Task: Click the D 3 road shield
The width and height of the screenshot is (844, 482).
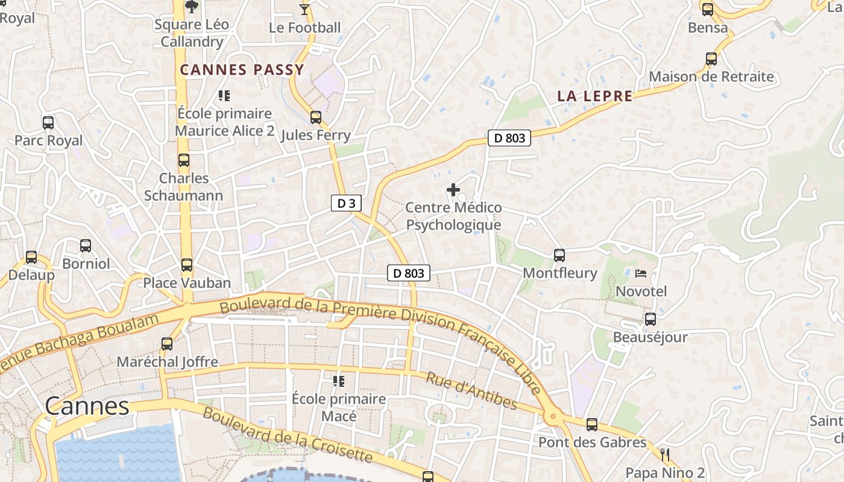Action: coord(346,203)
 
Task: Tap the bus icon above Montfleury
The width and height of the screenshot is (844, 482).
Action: coord(559,255)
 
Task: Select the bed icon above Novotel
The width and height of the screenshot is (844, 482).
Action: coord(641,274)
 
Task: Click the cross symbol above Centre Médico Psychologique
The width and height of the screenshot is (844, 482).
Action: coord(453,190)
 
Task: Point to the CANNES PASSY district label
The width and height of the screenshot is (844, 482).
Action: coord(242,70)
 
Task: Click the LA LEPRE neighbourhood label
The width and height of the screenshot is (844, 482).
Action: coord(594,96)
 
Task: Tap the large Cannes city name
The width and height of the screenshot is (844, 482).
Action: coord(87,406)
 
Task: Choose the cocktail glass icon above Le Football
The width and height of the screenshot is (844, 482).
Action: coord(304,10)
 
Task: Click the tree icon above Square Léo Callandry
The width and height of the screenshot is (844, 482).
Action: coord(192,7)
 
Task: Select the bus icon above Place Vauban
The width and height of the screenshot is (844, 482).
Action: coord(187,265)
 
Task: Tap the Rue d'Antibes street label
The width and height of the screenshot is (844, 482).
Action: coord(471,390)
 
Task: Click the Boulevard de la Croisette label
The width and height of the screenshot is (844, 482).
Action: coord(288,435)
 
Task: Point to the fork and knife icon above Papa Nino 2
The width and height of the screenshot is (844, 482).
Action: coord(666,454)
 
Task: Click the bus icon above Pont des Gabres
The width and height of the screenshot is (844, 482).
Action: coord(592,425)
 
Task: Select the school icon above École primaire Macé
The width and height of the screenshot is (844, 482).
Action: coord(339,381)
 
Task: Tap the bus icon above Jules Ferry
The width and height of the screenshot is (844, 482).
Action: coord(316,117)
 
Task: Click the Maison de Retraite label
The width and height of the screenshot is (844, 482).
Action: coord(711,77)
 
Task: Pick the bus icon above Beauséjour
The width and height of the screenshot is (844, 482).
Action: coord(650,319)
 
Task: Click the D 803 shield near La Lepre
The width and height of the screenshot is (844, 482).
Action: coord(509,138)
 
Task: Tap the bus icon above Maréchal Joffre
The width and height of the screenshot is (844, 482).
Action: coord(167,345)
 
